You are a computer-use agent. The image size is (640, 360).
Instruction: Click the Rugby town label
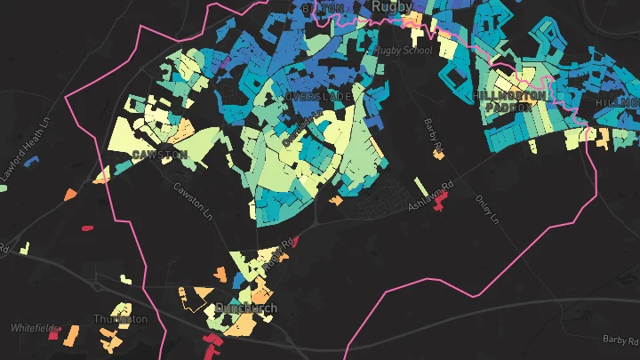tap(393, 6)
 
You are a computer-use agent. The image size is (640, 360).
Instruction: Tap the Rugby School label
tap(403, 51)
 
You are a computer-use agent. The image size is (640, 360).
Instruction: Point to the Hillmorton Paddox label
tap(503, 100)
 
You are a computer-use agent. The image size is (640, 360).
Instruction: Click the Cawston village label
tap(159, 155)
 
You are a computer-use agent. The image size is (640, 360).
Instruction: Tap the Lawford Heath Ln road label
tap(20, 168)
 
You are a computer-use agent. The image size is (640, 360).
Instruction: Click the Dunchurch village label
tap(246, 308)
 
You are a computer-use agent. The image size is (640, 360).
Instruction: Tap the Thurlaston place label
tap(120, 318)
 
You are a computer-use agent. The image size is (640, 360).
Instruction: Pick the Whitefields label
tap(33, 327)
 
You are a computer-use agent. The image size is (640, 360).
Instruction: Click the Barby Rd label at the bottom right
tap(619, 339)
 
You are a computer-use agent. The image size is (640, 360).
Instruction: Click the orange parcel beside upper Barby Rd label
tap(438, 155)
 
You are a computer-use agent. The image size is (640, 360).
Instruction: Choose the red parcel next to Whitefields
tap(53, 335)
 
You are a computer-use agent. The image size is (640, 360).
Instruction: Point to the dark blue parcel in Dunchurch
tap(237, 283)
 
